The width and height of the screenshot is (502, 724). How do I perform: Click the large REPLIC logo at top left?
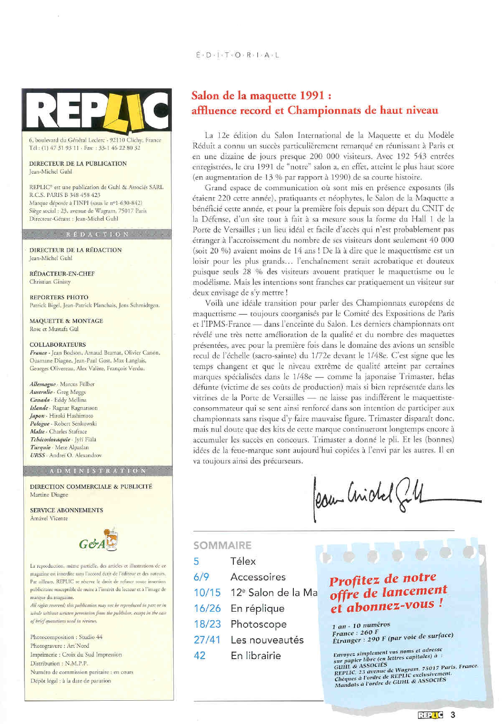pyautogui.click(x=97, y=110)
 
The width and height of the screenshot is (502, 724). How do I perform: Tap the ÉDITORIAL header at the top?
pyautogui.click(x=237, y=56)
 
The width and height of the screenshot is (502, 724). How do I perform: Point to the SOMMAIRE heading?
pyautogui.click(x=222, y=545)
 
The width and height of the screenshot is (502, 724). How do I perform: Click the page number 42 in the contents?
pyautogui.click(x=200, y=655)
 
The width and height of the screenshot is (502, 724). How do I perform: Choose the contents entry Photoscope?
pyautogui.click(x=258, y=624)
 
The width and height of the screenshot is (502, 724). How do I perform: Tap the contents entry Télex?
pyautogui.click(x=243, y=561)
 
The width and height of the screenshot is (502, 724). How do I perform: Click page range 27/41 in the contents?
pyautogui.click(x=207, y=640)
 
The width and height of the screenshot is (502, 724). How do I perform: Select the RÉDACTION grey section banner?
pyautogui.click(x=97, y=234)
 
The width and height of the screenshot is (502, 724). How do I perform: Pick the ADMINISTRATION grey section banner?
pyautogui.click(x=98, y=471)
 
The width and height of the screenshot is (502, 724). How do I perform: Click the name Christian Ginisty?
pyautogui.click(x=50, y=282)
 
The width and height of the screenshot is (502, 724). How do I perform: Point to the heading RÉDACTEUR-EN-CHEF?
pyautogui.click(x=62, y=273)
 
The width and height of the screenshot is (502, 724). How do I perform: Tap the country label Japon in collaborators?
pyautogui.click(x=37, y=415)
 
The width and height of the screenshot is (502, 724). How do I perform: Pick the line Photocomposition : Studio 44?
pyautogui.click(x=67, y=637)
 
